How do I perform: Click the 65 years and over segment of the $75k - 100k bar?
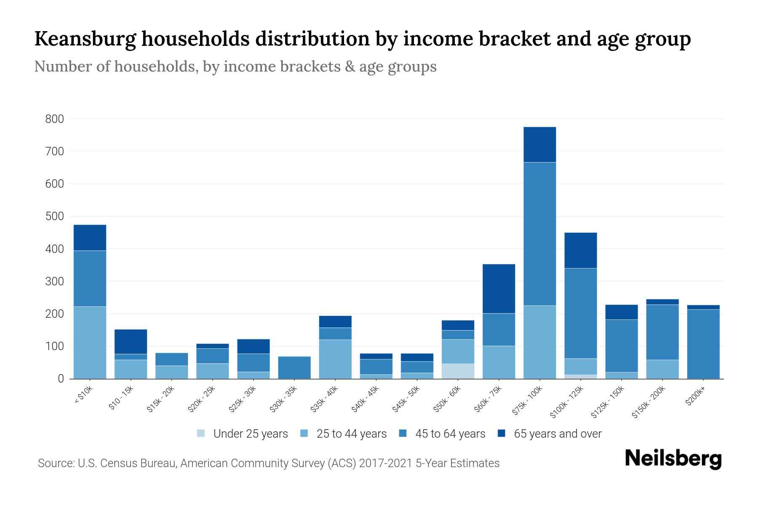coord(539,144)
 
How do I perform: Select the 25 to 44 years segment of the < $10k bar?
coord(90,343)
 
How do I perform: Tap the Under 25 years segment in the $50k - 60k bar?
coord(458,371)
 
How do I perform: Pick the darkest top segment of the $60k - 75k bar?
coord(499,289)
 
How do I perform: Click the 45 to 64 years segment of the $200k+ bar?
coord(703,344)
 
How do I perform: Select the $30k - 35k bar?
coord(294,367)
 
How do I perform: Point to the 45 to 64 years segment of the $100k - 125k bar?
coord(580,313)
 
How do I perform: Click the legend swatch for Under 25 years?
coord(201,433)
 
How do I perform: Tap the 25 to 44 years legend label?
coord(351,434)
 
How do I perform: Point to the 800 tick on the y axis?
coord(54,119)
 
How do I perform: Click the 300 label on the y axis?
coord(54,281)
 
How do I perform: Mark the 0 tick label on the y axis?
coord(61,379)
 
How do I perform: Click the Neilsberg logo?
coord(673,459)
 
